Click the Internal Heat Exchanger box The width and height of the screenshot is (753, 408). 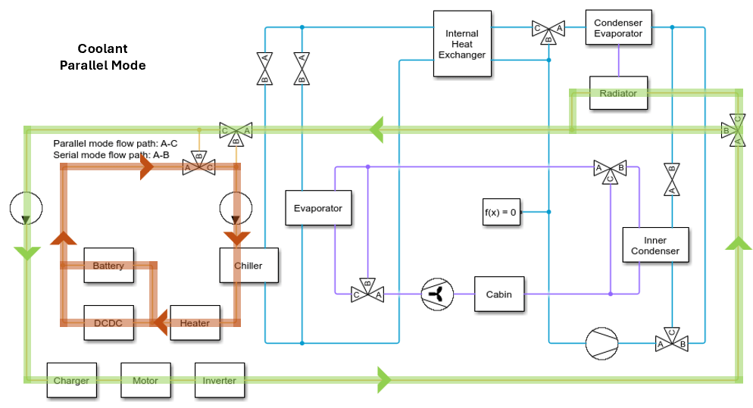click(461, 44)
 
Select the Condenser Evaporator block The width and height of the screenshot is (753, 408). click(618, 30)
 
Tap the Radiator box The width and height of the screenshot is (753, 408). click(618, 93)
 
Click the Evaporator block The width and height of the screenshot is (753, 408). click(318, 208)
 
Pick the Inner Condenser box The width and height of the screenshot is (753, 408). click(656, 245)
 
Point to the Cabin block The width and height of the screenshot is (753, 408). click(499, 294)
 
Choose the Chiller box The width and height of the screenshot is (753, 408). click(248, 266)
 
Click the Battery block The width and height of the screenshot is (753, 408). click(108, 266)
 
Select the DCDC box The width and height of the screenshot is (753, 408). click(108, 323)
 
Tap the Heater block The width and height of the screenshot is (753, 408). click(195, 323)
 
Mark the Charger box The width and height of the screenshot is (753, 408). click(71, 381)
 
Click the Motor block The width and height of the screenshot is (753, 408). click(145, 381)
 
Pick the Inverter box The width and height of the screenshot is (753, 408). click(219, 381)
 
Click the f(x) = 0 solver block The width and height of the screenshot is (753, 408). click(500, 212)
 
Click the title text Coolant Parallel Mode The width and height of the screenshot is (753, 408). click(102, 57)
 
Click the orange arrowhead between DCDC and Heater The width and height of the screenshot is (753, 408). click(160, 324)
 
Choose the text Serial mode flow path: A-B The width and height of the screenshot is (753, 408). click(111, 154)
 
